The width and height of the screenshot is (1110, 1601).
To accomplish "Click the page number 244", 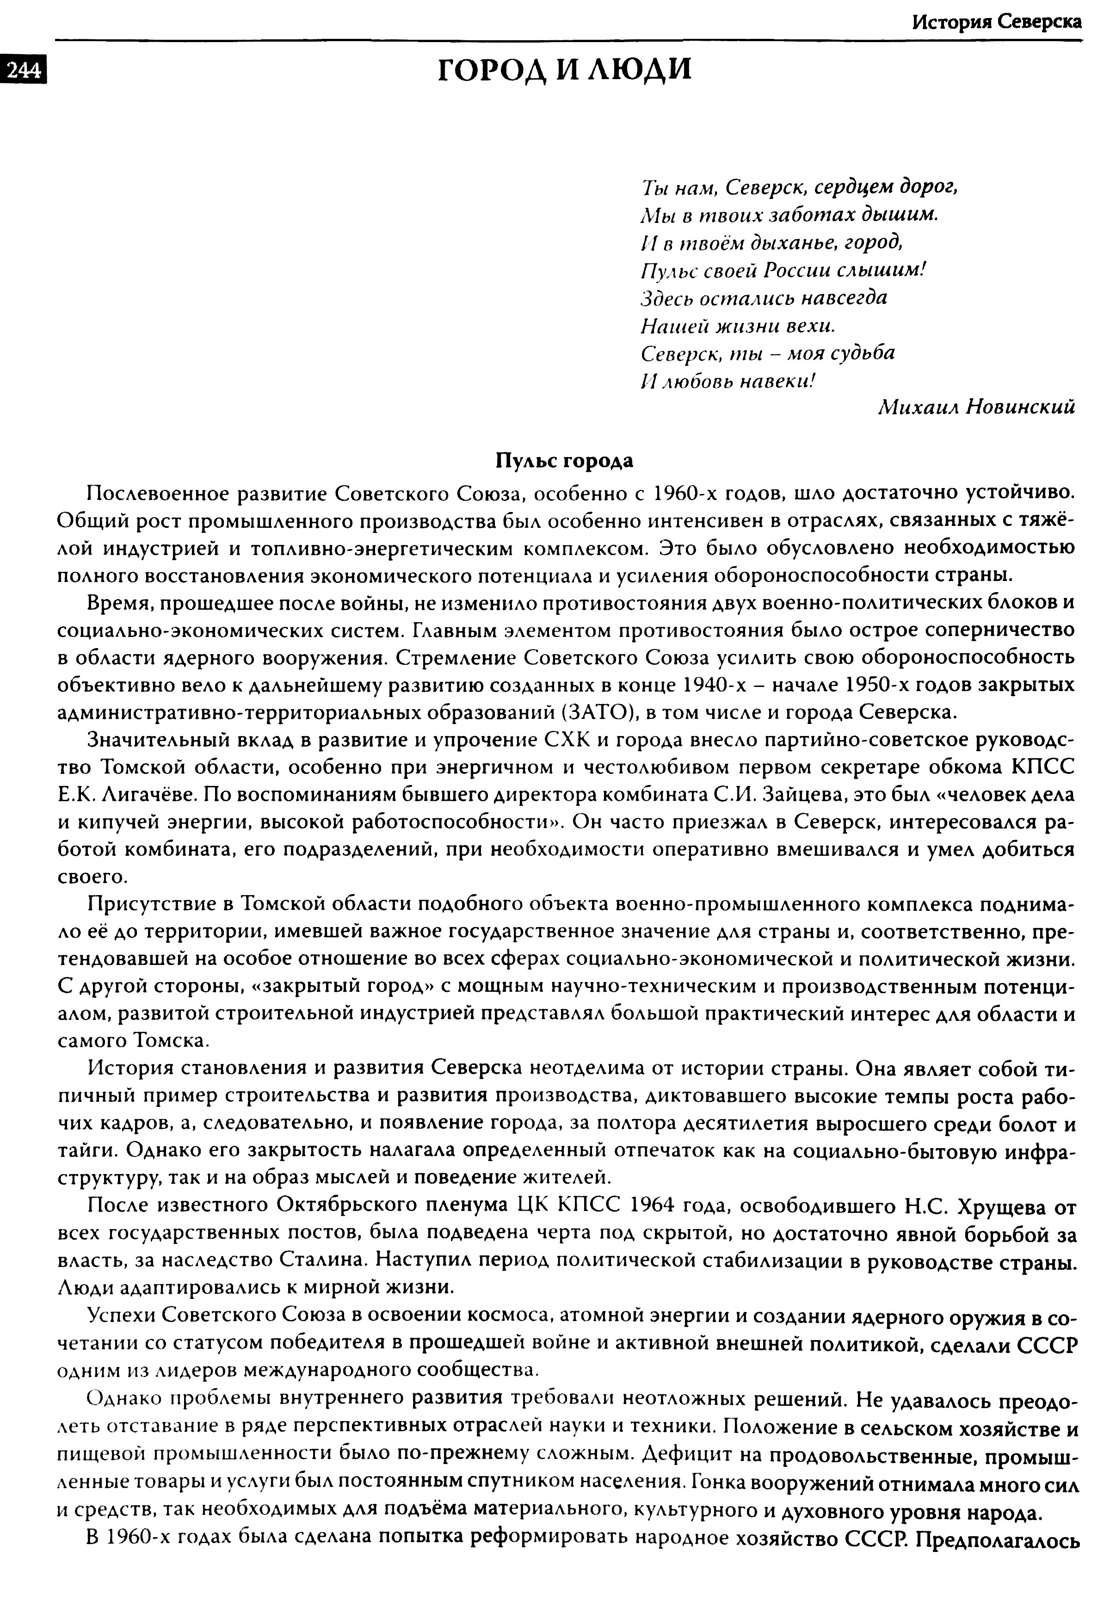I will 23,71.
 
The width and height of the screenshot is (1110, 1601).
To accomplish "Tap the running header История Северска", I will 996,22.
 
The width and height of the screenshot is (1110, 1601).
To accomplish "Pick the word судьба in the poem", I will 864,353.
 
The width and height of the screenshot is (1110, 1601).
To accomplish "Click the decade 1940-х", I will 715,685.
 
